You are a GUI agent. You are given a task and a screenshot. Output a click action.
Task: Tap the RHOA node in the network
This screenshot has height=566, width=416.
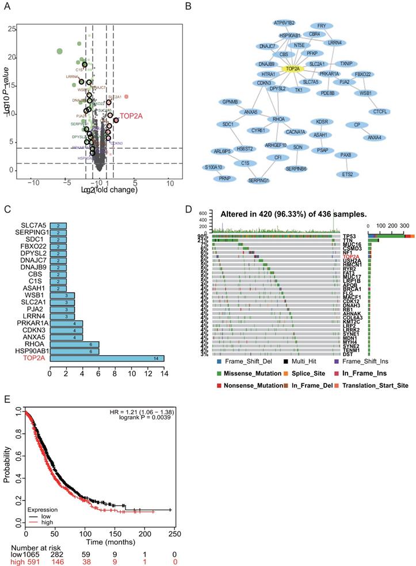coord(278,120)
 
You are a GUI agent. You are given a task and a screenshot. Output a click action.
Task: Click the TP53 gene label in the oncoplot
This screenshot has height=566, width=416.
coord(379,220)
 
